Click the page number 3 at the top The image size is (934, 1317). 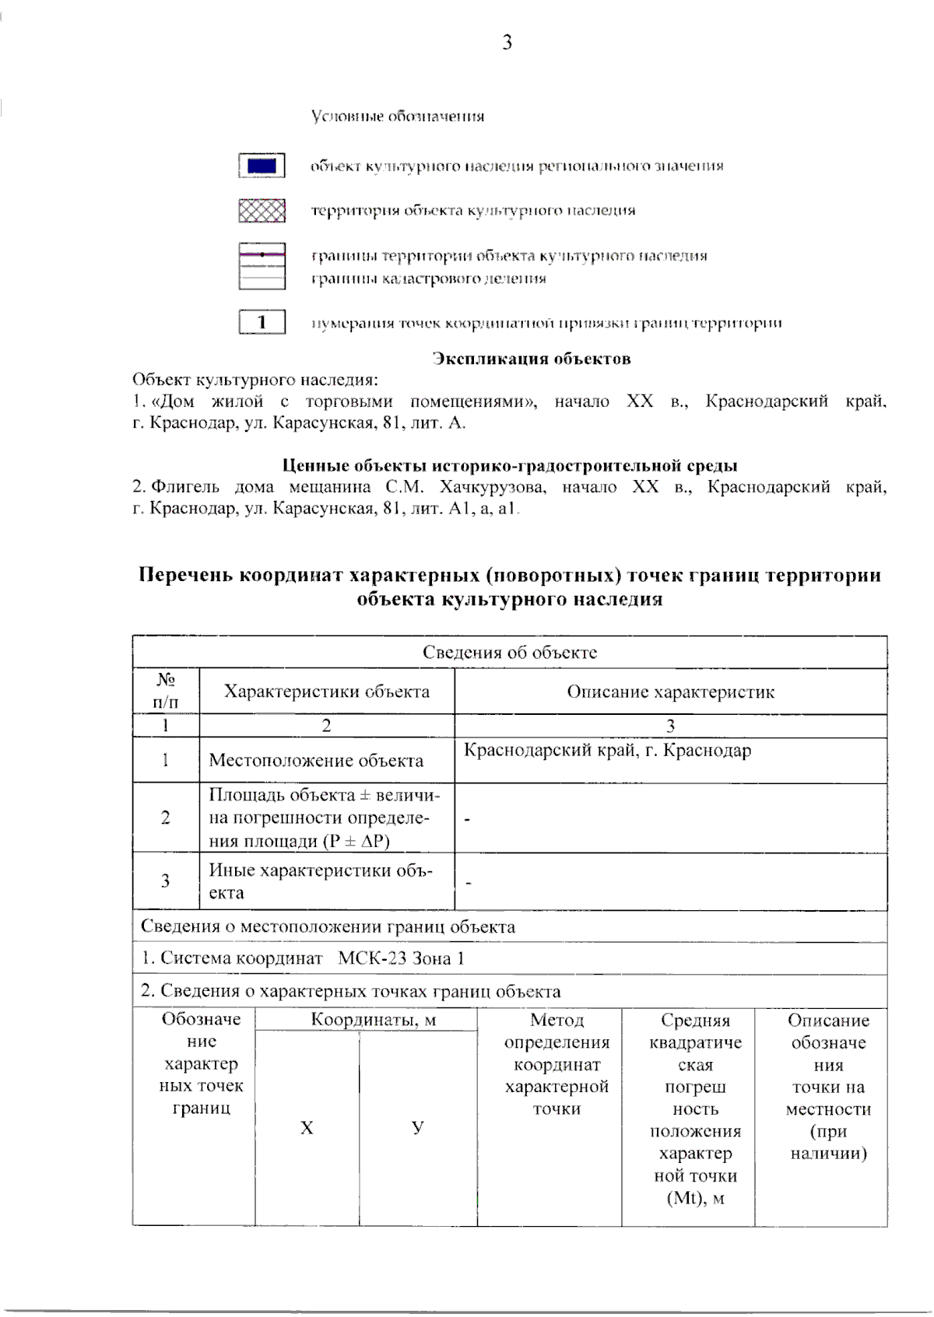[507, 43]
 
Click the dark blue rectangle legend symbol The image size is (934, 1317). [262, 166]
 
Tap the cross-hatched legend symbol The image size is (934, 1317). [262, 211]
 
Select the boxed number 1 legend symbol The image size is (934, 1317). [262, 322]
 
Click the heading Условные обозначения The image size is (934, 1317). [398, 117]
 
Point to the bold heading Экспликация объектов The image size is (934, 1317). [531, 359]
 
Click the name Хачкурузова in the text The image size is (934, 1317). [491, 488]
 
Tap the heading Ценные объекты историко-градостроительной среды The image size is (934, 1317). [509, 466]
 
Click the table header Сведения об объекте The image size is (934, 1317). [510, 653]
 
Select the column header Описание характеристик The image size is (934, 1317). [670, 692]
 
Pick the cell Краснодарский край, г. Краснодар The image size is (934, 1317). [607, 751]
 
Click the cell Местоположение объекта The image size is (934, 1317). [316, 761]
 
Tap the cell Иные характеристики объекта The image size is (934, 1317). [321, 881]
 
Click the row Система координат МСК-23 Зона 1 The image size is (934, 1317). [303, 958]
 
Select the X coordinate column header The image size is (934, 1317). [307, 1127]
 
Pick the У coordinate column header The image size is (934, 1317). [418, 1127]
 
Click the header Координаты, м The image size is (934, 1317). [363, 1020]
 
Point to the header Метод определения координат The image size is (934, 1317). [557, 1063]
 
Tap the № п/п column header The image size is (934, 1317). [165, 691]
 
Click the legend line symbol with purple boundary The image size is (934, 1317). [262, 255]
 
